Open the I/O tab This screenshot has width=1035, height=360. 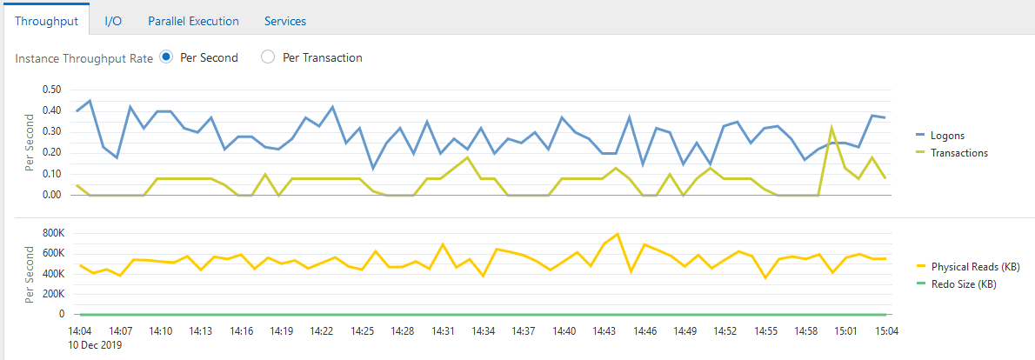click(113, 21)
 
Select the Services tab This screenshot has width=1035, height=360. click(285, 21)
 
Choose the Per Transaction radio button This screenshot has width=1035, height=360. click(268, 57)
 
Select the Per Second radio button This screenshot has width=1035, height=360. click(167, 57)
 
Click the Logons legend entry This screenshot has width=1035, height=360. click(948, 136)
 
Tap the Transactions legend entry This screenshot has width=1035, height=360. click(959, 152)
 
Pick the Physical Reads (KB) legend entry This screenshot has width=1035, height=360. click(975, 266)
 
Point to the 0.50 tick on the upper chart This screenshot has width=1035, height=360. click(51, 90)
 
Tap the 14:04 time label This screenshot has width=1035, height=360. click(80, 331)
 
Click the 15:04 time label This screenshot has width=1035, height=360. click(885, 331)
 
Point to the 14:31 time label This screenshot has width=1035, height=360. click(443, 331)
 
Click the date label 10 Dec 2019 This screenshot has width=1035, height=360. click(95, 345)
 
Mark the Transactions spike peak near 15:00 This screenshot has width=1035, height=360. click(831, 127)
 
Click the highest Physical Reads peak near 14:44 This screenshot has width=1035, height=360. click(618, 234)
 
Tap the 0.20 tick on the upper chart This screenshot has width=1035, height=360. click(51, 153)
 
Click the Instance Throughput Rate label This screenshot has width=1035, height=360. click(84, 58)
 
